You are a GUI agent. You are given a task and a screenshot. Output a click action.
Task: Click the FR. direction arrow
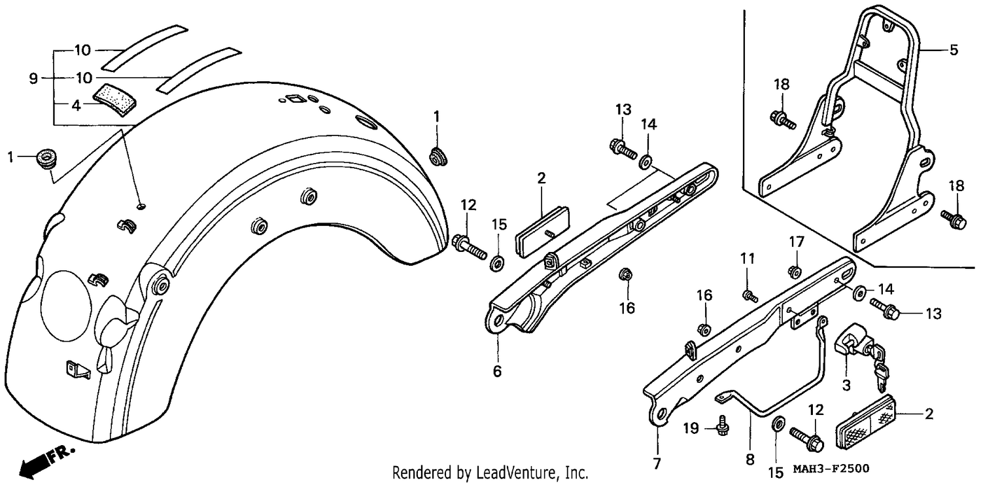pos(46,462)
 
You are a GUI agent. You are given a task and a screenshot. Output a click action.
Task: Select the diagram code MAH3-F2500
pos(831,469)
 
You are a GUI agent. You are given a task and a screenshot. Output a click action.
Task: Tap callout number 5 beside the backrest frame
pos(954,50)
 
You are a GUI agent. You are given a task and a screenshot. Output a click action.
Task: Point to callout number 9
pos(33,79)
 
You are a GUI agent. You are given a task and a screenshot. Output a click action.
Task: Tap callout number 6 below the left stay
pos(497,371)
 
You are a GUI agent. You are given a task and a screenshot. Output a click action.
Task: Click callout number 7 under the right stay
pos(657,463)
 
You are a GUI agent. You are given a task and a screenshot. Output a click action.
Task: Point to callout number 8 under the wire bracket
pos(750,459)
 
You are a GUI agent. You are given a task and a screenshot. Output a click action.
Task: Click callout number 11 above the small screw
pos(748,259)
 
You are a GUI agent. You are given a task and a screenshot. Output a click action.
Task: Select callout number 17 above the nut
pos(797,242)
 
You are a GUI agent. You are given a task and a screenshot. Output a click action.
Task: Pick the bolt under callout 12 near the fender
pos(469,248)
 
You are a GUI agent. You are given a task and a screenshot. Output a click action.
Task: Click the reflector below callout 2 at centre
pos(542,231)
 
